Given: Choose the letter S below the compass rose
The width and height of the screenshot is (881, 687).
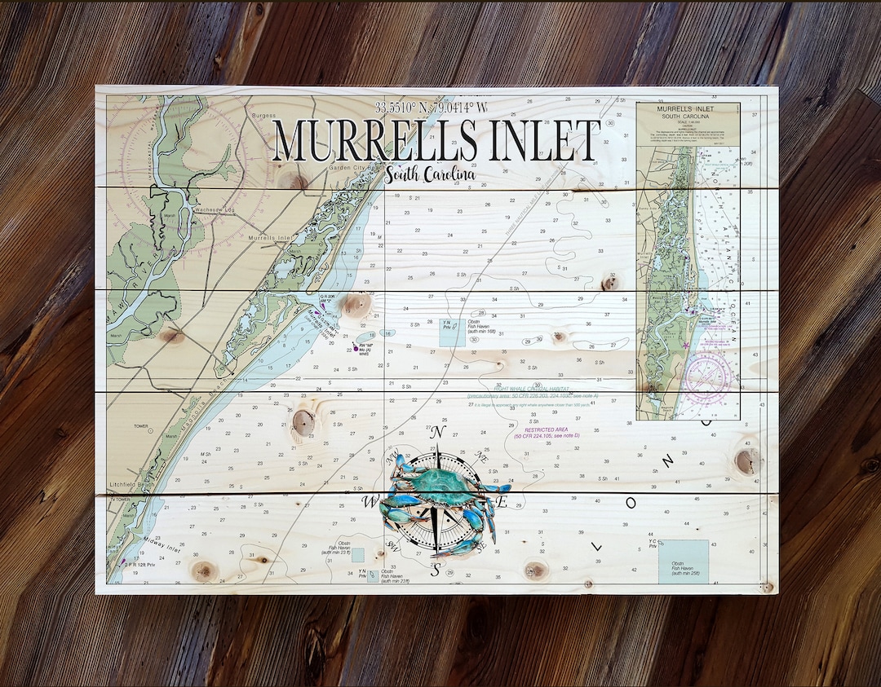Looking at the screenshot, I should [x=436, y=571].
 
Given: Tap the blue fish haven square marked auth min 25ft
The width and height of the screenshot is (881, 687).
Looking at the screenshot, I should [x=683, y=561].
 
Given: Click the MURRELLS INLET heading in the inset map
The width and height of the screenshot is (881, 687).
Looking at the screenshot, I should [x=688, y=108].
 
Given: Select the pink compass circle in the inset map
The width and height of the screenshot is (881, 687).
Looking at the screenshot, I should [x=706, y=377].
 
